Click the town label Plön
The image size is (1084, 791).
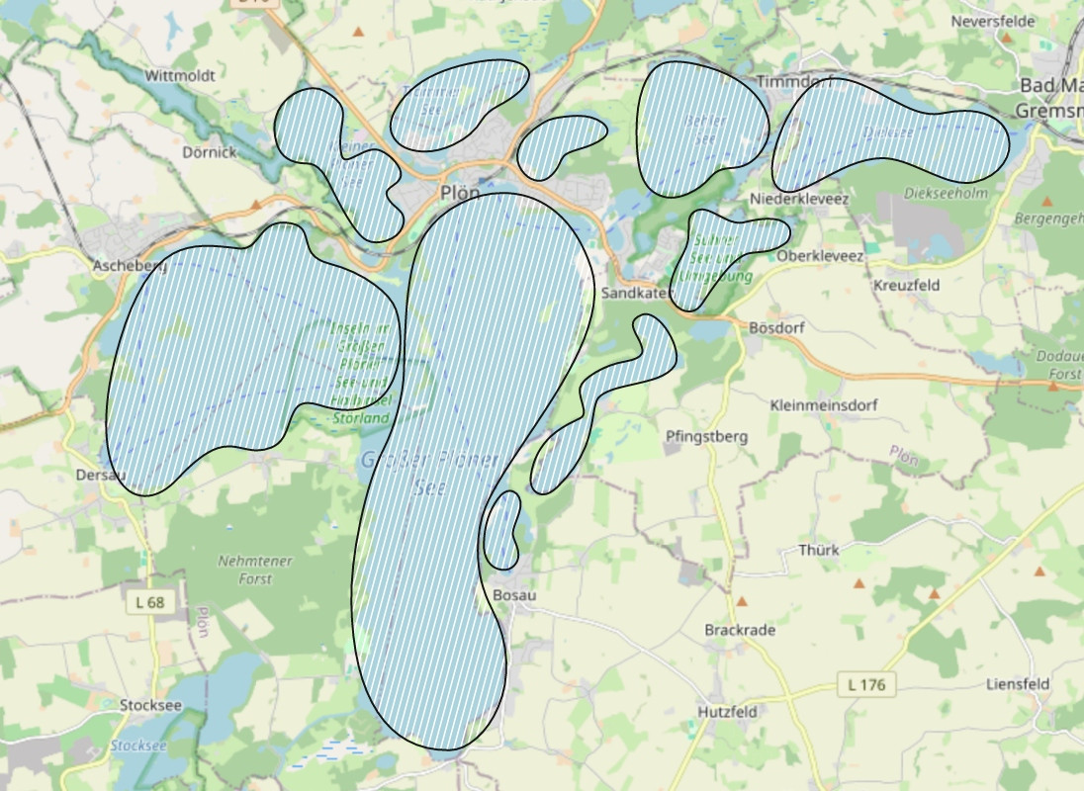click(460, 193)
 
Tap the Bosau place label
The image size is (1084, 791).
click(513, 595)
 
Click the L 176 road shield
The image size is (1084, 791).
click(866, 684)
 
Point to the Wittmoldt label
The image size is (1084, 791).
click(179, 75)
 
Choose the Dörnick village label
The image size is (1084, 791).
click(210, 152)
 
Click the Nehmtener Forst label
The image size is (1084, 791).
click(255, 570)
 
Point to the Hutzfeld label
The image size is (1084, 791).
click(727, 712)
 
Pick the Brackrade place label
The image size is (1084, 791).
click(740, 630)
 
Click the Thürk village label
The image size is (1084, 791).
click(818, 550)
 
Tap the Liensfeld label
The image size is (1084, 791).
click(1018, 684)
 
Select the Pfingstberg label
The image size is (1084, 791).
click(707, 436)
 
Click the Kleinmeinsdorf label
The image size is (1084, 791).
click(823, 405)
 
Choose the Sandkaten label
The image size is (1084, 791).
click(634, 294)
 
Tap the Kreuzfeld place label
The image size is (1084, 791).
click(907, 285)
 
